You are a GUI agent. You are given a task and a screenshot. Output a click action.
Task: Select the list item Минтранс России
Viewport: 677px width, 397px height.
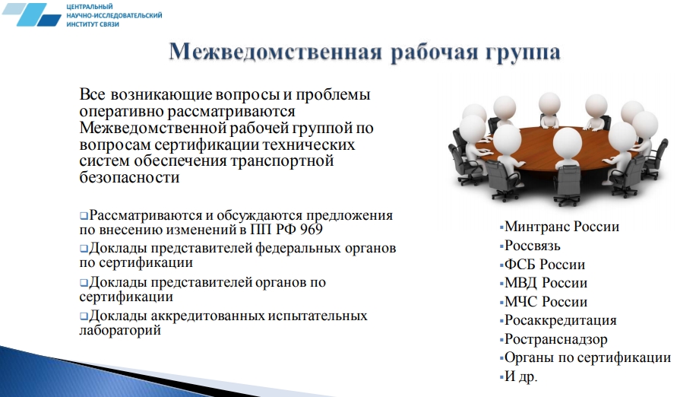tap(562, 227)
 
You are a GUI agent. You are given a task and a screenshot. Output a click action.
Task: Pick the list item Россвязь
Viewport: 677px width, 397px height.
tap(533, 246)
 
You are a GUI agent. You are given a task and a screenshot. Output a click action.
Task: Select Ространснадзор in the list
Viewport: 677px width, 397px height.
tap(555, 339)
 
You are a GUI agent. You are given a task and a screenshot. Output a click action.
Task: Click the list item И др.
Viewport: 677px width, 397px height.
tap(520, 376)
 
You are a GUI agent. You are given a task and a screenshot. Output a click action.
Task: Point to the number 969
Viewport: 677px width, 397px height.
tap(311, 230)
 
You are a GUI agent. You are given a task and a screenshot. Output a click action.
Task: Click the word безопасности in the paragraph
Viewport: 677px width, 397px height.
tap(129, 177)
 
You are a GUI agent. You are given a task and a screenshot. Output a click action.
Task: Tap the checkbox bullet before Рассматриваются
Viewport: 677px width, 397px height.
tap(84, 215)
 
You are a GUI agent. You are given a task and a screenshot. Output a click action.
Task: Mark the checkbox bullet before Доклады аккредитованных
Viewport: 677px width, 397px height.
tap(84, 316)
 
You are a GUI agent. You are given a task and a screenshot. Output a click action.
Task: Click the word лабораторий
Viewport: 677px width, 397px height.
tap(120, 330)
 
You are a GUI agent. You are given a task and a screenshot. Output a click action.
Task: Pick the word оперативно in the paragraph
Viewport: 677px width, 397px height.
tap(121, 112)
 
